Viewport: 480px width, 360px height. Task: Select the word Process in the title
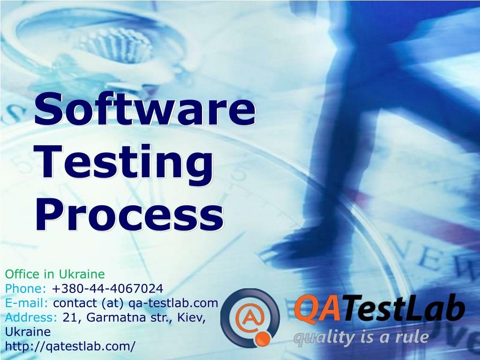[x=129, y=215]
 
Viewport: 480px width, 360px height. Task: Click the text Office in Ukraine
[x=55, y=274]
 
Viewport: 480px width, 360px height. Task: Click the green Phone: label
[x=26, y=288]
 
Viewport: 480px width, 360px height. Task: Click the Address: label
[x=31, y=317]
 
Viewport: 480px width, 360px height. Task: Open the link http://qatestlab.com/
[x=70, y=346]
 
